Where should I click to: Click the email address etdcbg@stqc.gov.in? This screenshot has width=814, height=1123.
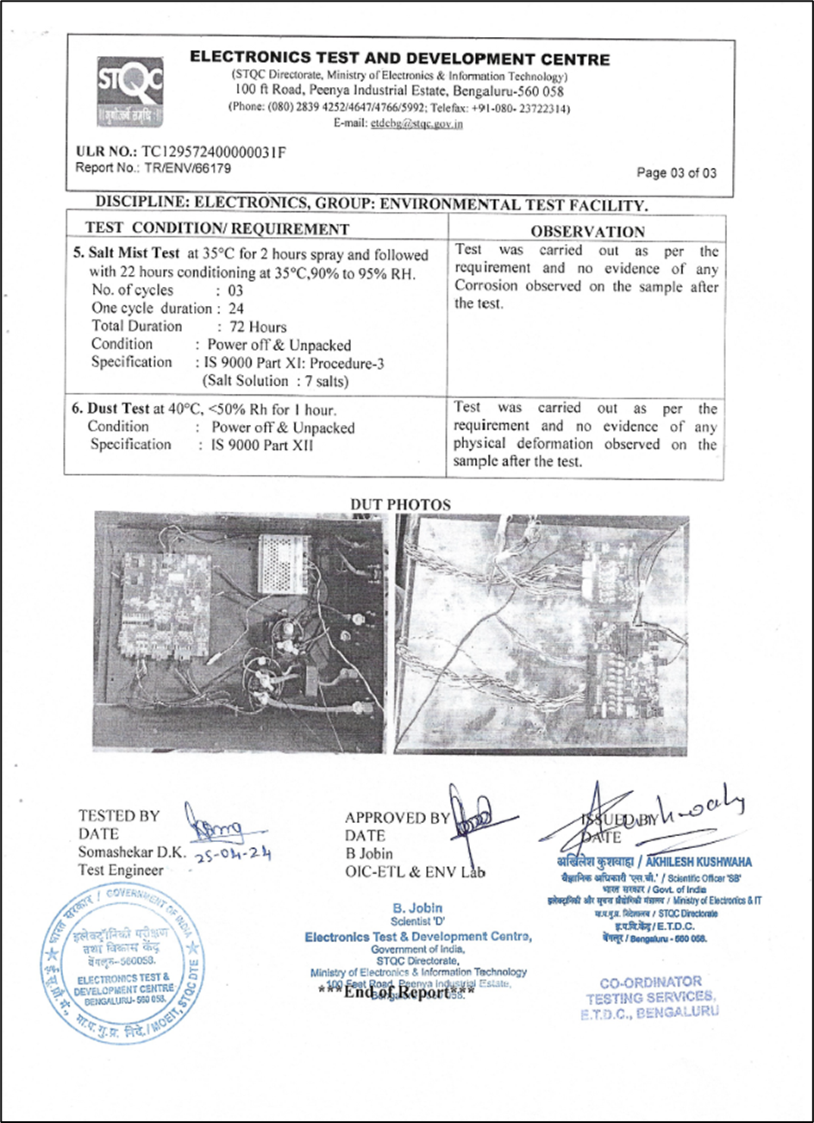point(416,123)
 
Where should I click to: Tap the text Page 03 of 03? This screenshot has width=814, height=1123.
point(676,173)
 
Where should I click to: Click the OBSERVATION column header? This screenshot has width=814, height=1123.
point(587,231)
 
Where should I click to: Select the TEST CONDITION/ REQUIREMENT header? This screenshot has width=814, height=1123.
point(217,229)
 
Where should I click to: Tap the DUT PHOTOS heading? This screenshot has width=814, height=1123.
point(400,504)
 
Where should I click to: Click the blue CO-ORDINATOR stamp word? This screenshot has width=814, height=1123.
point(650,982)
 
